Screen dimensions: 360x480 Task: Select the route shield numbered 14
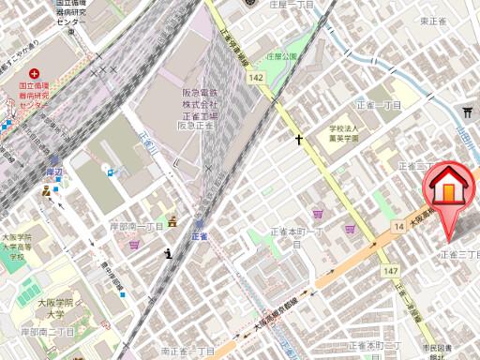[x=398, y=226]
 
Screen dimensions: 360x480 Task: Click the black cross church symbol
[x=300, y=141]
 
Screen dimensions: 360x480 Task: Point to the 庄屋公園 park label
[x=279, y=56]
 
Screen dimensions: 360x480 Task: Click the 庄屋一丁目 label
[x=292, y=5]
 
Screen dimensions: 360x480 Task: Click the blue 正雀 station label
[x=200, y=237]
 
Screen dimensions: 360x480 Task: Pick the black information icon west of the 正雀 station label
[x=168, y=252]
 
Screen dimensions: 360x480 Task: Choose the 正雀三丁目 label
[x=460, y=254]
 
